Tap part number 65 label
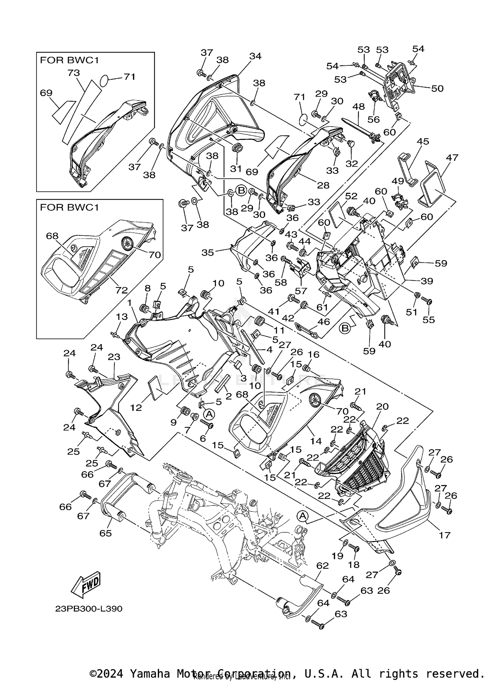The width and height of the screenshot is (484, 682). [x=106, y=533]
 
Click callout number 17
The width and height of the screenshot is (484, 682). [x=445, y=535]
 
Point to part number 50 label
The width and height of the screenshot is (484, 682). [x=437, y=88]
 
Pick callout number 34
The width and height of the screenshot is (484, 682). [x=255, y=56]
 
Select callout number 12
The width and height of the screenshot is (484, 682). [x=136, y=408]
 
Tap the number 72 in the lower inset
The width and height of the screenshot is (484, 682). [x=122, y=290]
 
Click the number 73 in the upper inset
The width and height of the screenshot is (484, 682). [x=74, y=73]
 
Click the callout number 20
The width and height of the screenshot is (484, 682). [x=382, y=406]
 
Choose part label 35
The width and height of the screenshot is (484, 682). [x=207, y=252]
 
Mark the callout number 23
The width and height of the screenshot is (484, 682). [x=114, y=357]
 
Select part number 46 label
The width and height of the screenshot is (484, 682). [x=324, y=321]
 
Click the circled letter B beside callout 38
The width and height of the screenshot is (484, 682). [x=241, y=191]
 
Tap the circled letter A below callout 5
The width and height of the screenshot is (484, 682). [x=209, y=414]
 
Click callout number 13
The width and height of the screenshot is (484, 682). [x=122, y=317]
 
